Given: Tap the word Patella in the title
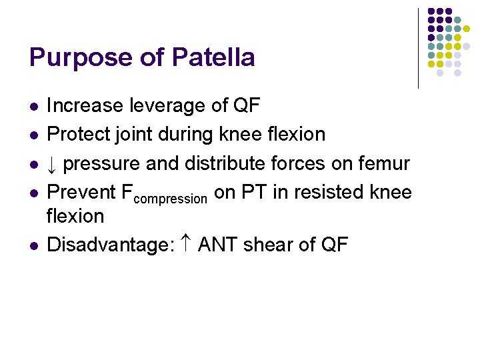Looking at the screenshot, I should (x=213, y=57).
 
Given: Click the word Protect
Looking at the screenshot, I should (x=79, y=134).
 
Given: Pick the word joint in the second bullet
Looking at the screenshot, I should (x=136, y=135).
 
